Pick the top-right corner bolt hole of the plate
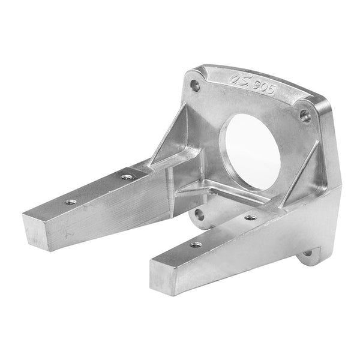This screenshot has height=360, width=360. pos(305,115)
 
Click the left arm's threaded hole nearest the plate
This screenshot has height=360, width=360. pos(126,176)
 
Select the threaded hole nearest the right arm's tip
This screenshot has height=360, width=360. pos(195,244)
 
